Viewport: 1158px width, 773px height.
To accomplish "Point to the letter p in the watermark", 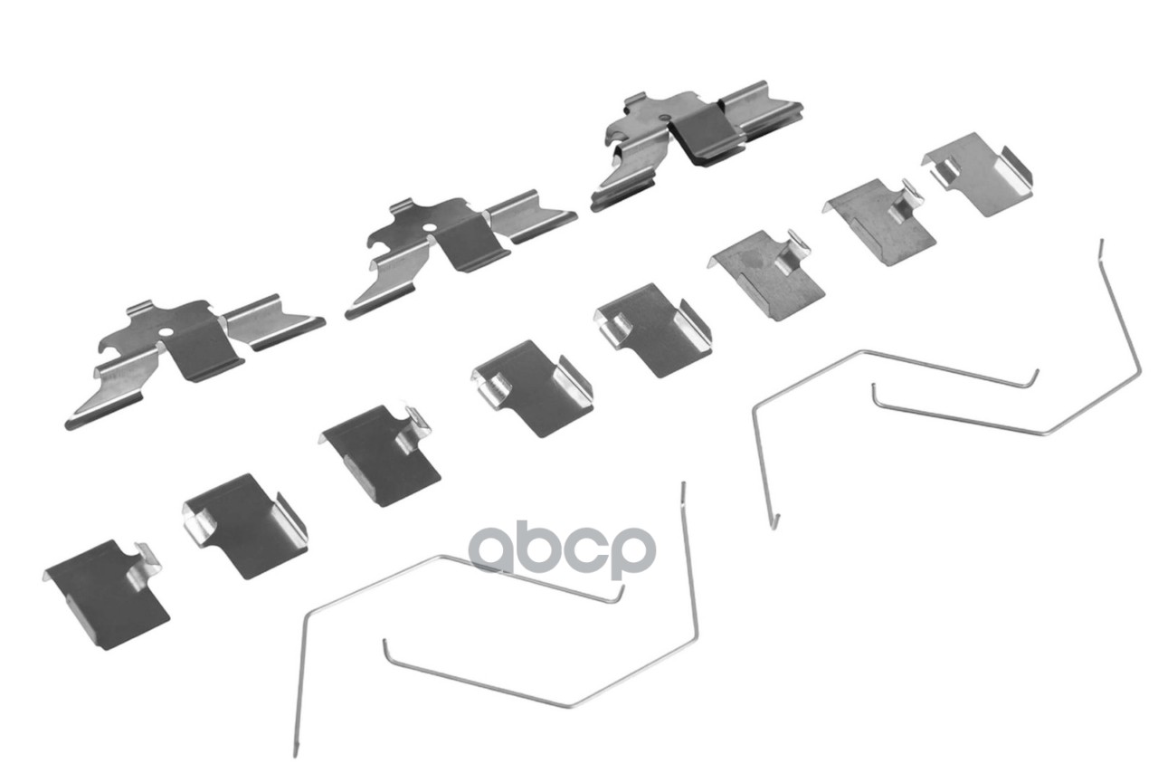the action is click(x=631, y=553).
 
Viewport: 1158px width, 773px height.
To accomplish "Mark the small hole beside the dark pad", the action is click(x=666, y=118).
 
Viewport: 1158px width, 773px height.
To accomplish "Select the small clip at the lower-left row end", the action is click(x=107, y=593).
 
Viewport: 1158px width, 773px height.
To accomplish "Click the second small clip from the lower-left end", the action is click(x=244, y=525).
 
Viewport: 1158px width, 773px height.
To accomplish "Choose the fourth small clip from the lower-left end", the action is click(x=532, y=387).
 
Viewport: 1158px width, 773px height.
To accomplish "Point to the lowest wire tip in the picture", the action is click(x=295, y=752).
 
